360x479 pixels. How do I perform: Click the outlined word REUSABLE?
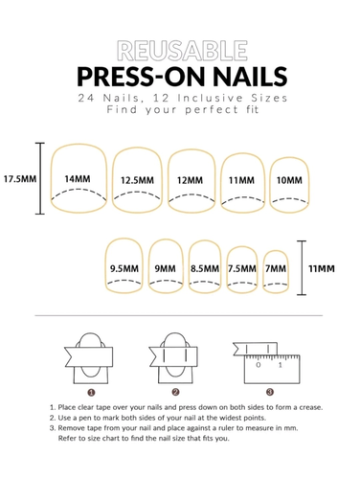pyautogui.click(x=182, y=51)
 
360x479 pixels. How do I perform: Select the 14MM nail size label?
pyautogui.click(x=78, y=179)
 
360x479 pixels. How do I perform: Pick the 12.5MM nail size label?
pyautogui.click(x=137, y=180)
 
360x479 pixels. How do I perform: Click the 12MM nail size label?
pyautogui.click(x=190, y=180)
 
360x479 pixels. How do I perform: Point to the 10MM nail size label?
pyautogui.click(x=289, y=180)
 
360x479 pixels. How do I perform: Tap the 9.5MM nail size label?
pyautogui.click(x=124, y=268)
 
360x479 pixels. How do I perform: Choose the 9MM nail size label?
pyautogui.click(x=166, y=268)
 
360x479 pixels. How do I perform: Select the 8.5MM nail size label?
pyautogui.click(x=205, y=268)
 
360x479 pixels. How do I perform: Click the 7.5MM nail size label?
pyautogui.click(x=242, y=268)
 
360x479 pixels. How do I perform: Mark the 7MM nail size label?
pyautogui.click(x=276, y=268)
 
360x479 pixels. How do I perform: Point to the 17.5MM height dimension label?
pyautogui.click(x=20, y=178)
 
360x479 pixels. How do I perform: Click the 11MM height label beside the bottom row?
pyautogui.click(x=322, y=268)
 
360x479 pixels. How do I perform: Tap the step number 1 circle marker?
pyautogui.click(x=91, y=392)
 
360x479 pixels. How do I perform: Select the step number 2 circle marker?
pyautogui.click(x=175, y=392)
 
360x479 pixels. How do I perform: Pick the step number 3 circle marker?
pyautogui.click(x=270, y=392)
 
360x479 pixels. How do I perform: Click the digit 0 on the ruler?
pyautogui.click(x=259, y=365)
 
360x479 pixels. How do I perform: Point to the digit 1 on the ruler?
pyautogui.click(x=281, y=365)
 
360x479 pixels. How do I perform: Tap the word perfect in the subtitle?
pyautogui.click(x=212, y=110)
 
